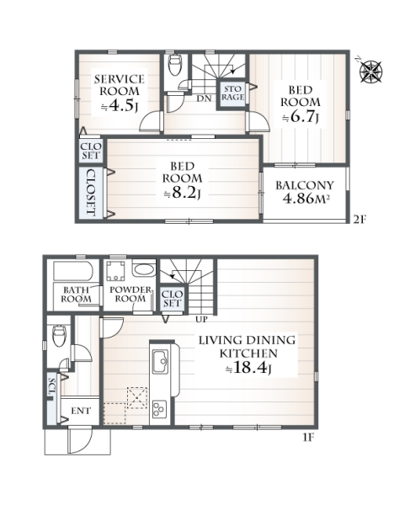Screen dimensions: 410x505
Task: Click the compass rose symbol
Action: pos(370,71)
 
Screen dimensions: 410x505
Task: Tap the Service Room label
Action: pos(120,85)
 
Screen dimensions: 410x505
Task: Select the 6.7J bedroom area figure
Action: pos(301,117)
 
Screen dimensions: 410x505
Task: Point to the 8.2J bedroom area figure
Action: pos(183,194)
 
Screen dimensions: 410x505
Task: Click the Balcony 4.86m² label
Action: pos(305,192)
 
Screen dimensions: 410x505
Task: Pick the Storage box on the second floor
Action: pos(232,93)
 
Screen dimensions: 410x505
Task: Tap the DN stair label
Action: pos(205,98)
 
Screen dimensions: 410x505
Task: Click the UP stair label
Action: pos(201,319)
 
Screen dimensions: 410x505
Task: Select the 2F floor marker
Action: pos(360,220)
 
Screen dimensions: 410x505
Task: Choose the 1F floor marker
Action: pos(308,439)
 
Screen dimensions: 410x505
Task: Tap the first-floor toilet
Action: pos(59,335)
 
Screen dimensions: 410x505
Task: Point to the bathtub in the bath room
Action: pos(73,271)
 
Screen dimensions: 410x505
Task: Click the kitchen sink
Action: pos(160,362)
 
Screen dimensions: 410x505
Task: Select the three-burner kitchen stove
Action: pos(159,409)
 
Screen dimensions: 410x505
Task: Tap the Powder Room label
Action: pos(130,294)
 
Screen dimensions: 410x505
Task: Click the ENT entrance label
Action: pos(81,411)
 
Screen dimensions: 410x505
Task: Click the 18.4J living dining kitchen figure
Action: pos(248,367)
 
